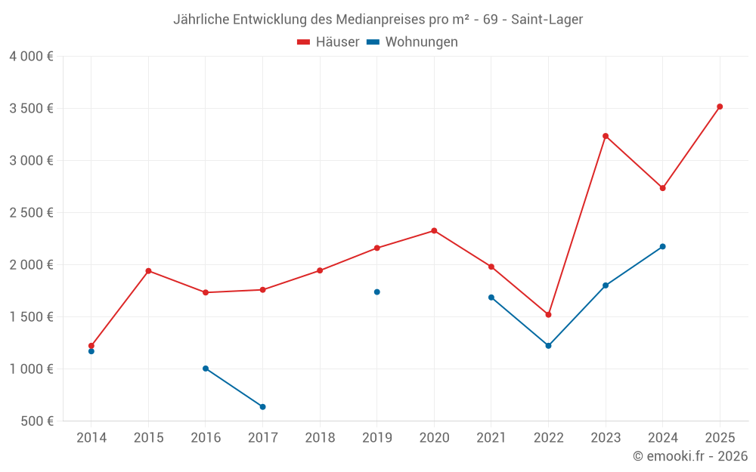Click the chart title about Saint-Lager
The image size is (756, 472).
click(378, 20)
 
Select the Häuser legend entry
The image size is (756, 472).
click(328, 42)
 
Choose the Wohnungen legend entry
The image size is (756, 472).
click(413, 42)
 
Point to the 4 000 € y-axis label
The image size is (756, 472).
click(31, 57)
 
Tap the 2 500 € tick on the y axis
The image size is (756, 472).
click(31, 213)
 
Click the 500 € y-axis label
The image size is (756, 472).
click(36, 421)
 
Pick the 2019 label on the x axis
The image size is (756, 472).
click(376, 438)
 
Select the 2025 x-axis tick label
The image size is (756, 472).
click(720, 438)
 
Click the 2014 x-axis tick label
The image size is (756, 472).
click(91, 438)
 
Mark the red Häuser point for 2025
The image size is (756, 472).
click(720, 106)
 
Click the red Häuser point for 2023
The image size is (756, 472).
click(606, 136)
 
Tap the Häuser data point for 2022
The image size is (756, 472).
click(548, 315)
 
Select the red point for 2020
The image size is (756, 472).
click(434, 230)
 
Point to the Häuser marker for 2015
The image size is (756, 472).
click(148, 271)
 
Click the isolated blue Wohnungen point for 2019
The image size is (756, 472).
click(376, 292)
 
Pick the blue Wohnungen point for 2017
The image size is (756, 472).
click(262, 407)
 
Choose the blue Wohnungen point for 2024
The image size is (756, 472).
click(662, 247)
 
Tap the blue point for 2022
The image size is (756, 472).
click(548, 346)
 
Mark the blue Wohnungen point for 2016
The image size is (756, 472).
click(206, 369)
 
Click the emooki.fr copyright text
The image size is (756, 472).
click(690, 456)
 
